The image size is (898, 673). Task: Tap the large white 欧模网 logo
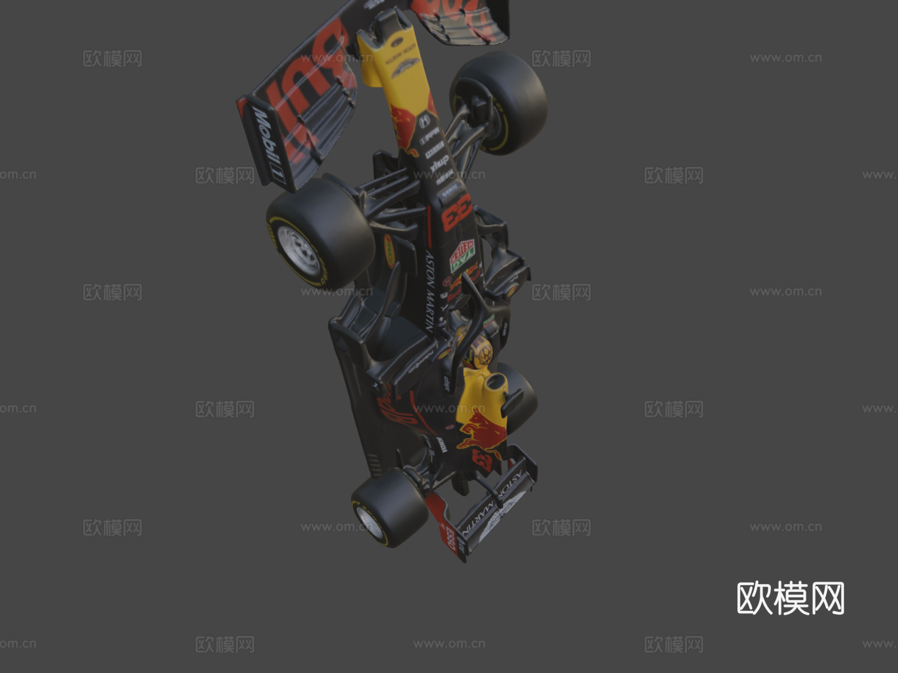790,598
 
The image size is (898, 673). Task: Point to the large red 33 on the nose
457,212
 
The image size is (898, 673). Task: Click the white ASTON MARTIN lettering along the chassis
430,291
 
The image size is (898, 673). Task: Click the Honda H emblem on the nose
424,120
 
